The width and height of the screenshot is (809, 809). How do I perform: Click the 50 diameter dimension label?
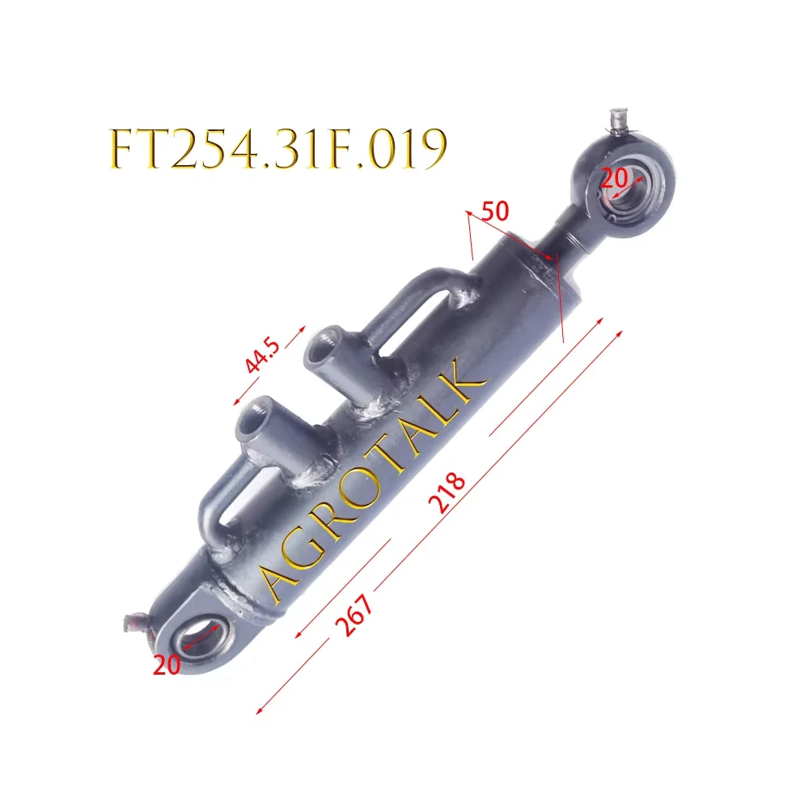coord(495,213)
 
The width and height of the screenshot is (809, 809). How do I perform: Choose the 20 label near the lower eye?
coord(167,664)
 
